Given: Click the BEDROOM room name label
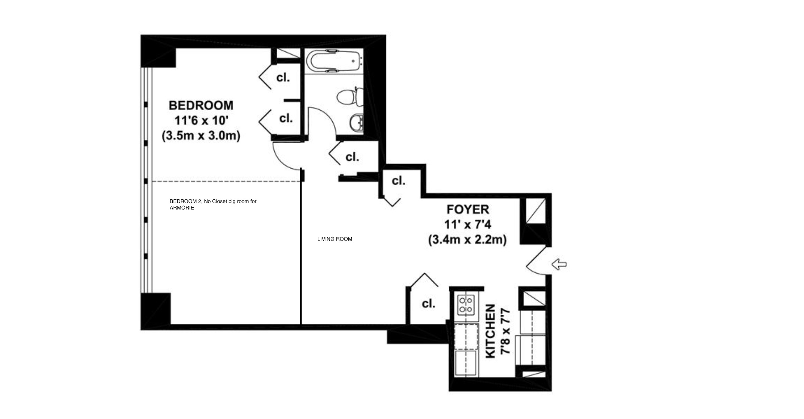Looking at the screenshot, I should [x=201, y=105].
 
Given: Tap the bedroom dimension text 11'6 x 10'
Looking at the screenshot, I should [x=201, y=121].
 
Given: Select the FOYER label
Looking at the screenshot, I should [x=468, y=209].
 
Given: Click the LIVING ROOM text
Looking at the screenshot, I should [x=335, y=239].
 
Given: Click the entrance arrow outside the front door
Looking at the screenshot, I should [x=560, y=264].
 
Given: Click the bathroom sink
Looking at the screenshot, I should [x=356, y=122].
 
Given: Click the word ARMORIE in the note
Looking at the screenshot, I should [x=182, y=208].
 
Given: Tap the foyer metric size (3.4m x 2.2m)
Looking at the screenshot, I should [x=468, y=239].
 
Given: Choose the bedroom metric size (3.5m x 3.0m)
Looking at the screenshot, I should [x=201, y=136].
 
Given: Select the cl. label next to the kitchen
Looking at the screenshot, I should [x=428, y=304].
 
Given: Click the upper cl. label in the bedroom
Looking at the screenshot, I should [x=283, y=78].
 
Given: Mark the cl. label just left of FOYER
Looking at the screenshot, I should [x=398, y=181].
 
